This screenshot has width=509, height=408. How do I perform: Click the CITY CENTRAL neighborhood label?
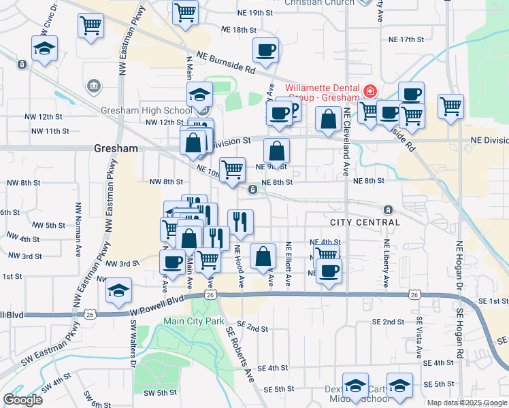click(364, 222)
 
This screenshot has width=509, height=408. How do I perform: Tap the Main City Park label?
click(194, 320)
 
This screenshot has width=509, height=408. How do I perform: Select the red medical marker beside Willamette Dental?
click(370, 90)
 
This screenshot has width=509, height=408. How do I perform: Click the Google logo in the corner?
click(22, 400)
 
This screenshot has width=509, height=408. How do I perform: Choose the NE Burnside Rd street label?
click(225, 62)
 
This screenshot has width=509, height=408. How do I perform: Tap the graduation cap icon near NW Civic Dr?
click(44, 49)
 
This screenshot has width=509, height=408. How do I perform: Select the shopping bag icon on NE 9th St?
click(276, 151)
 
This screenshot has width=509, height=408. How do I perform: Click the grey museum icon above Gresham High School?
click(94, 86)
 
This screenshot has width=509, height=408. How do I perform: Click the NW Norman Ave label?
click(79, 225)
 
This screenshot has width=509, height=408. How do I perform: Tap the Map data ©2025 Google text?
click(467, 403)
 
